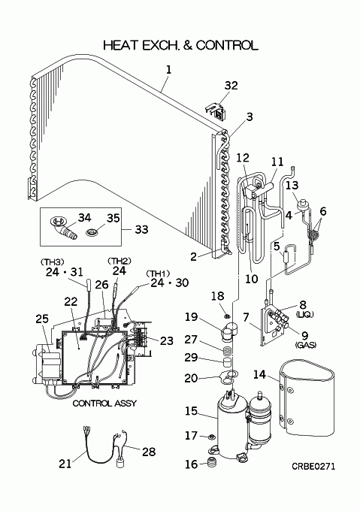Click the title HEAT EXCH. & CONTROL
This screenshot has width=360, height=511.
pos(180,45)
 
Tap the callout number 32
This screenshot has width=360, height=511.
pos(231,86)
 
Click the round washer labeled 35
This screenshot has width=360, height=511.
pos(93,233)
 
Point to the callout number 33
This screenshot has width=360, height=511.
pos(141,229)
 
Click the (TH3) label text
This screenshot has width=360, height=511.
pos(52,262)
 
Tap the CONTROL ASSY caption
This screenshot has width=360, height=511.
pos(104,404)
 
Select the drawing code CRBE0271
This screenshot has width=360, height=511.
pos(313,467)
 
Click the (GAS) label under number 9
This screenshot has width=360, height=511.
pos(305,344)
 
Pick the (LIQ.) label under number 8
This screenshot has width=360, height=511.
pos(305,314)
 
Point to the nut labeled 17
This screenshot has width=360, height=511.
pos(211,437)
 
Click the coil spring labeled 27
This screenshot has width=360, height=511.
pos(228,352)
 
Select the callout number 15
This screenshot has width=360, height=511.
pos(191,411)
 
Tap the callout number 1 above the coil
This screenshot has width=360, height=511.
pos(168,70)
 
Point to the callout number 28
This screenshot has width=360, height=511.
pos(149,452)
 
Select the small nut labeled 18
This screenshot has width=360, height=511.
pos(227,316)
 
